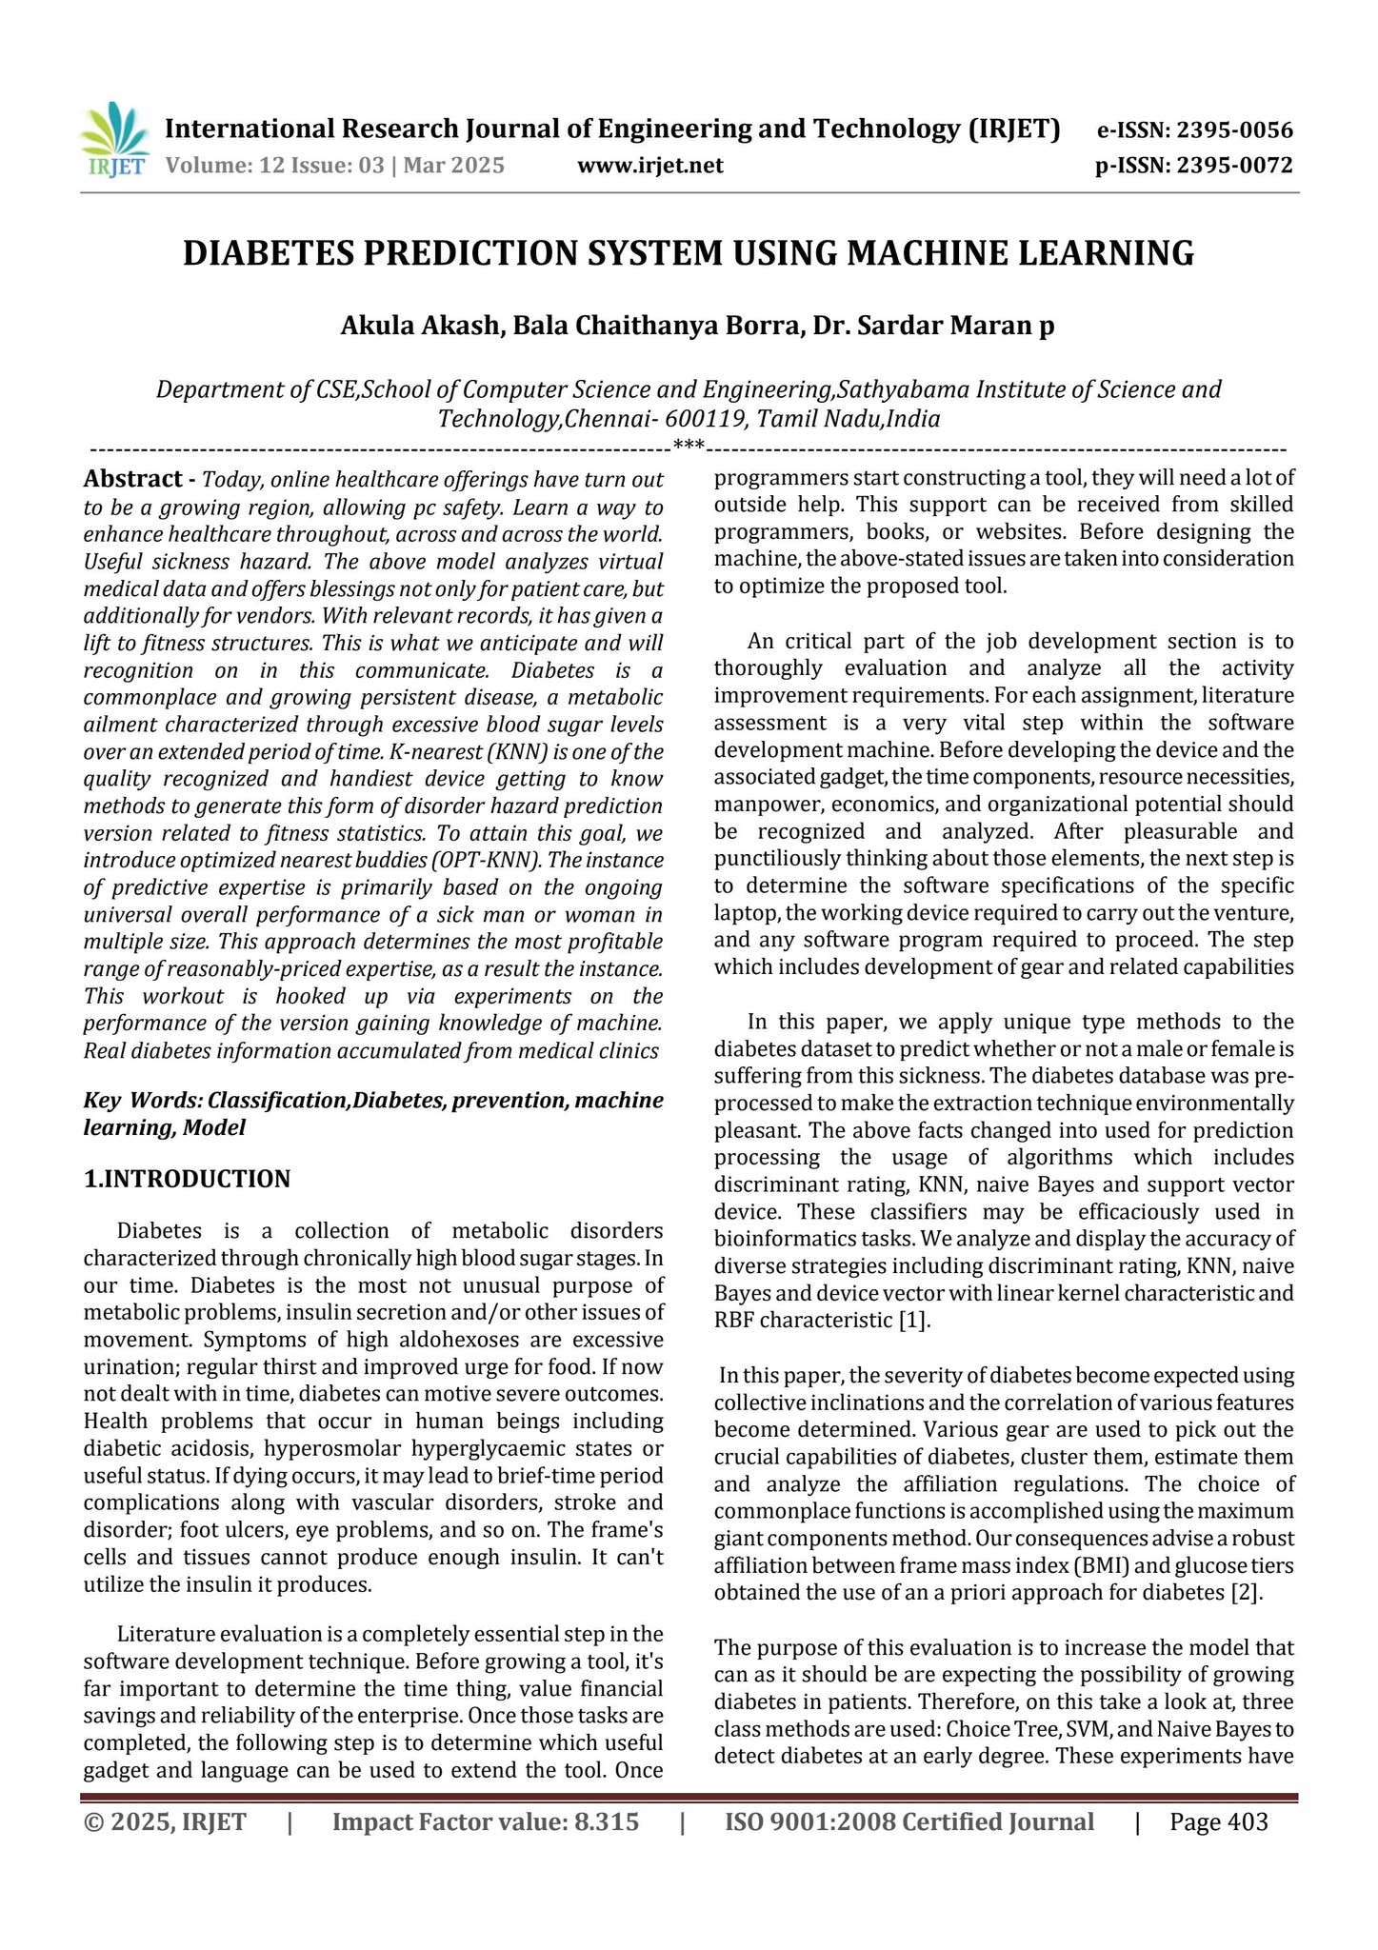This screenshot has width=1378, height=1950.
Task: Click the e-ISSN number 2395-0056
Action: tap(1234, 131)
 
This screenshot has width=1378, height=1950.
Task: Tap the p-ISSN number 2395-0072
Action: tap(1234, 167)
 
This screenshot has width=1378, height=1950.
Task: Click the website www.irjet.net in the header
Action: tap(650, 167)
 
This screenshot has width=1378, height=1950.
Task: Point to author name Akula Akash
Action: tap(420, 326)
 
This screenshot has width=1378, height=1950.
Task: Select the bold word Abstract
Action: tap(132, 479)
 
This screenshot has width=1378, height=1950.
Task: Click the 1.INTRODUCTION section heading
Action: tap(187, 1179)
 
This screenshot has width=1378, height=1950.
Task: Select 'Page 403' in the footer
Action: tap(1218, 1822)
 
